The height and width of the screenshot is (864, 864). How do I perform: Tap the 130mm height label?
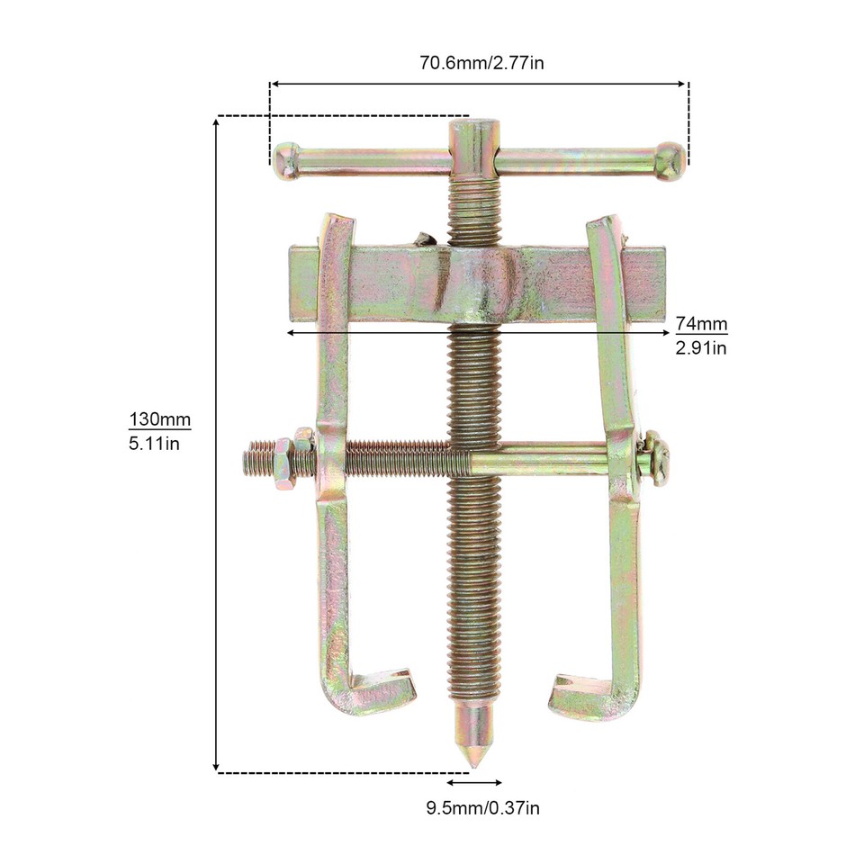[x=160, y=420]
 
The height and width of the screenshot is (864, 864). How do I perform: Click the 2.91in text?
[x=701, y=347]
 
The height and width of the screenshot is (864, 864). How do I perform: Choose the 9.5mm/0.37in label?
[x=483, y=807]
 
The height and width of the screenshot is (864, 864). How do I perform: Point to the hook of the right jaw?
[x=585, y=695]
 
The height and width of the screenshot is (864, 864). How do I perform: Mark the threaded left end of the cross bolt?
[x=256, y=461]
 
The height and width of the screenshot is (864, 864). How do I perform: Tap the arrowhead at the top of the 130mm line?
[x=216, y=121]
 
